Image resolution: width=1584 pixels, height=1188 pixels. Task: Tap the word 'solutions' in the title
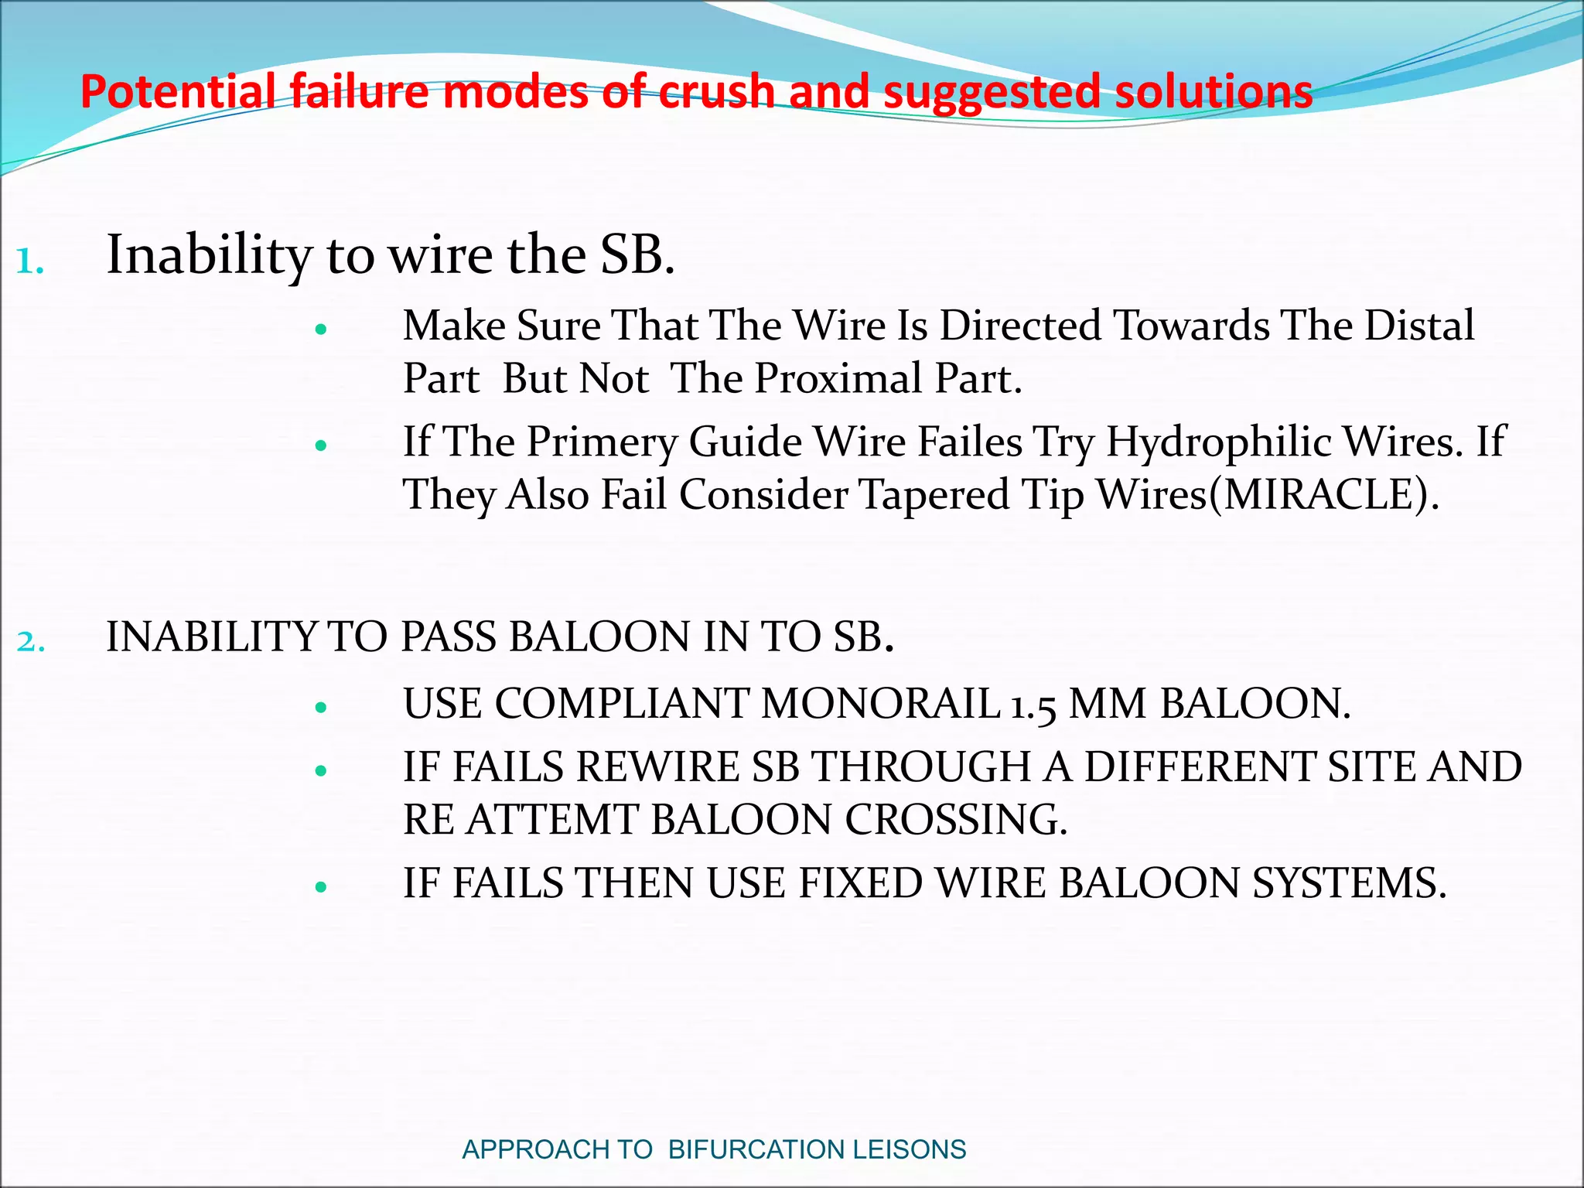1214,92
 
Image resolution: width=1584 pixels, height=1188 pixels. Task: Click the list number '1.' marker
29,262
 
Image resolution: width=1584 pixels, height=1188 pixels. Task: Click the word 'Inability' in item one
209,255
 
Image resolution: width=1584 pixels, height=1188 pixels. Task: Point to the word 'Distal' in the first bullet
1418,326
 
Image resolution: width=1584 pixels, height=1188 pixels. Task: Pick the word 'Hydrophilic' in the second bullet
1218,442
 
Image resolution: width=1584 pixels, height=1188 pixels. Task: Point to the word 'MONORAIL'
880,705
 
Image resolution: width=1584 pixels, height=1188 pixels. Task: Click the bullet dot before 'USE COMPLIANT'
322,707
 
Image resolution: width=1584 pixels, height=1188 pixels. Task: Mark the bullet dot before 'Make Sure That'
322,329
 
